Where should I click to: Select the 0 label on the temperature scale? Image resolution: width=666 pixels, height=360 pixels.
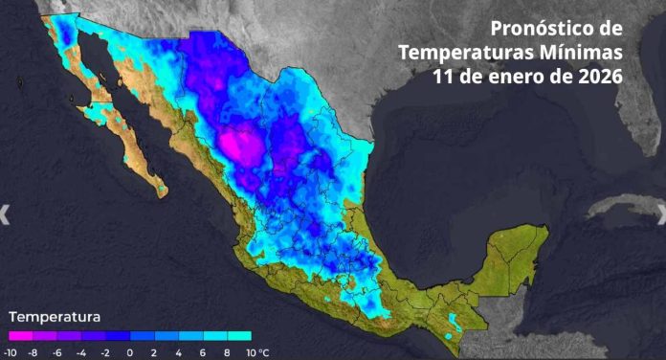point(129,351)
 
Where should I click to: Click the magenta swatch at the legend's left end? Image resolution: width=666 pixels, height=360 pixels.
point(20,336)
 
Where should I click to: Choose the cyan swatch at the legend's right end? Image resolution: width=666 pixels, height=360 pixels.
point(239,336)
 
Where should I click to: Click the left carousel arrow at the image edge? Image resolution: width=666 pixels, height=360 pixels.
point(5,214)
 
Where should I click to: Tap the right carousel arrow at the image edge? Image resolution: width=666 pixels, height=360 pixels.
point(660,214)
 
